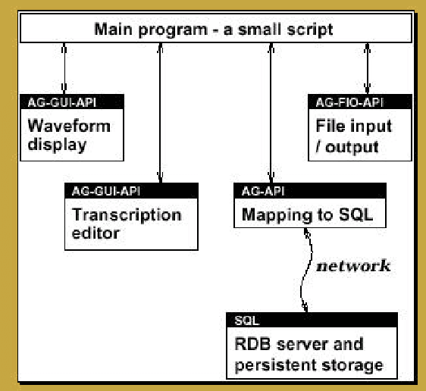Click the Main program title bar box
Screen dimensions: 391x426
[x=213, y=30]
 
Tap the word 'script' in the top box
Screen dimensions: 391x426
[x=309, y=30]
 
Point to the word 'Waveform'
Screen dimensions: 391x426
[x=69, y=125]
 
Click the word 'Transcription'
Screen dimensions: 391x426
[x=127, y=214]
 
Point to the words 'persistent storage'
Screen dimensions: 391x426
[x=308, y=365]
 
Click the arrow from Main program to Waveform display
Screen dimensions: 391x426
[x=64, y=68]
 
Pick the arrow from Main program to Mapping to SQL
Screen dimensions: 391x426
[x=269, y=114]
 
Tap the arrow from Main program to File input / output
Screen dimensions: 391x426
[x=368, y=68]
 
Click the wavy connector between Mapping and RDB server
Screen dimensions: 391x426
[x=305, y=269]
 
